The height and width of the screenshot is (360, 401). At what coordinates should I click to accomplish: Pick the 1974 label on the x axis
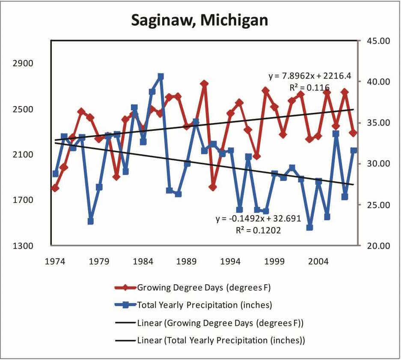(x=55, y=261)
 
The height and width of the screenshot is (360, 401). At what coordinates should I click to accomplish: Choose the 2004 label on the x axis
(x=319, y=261)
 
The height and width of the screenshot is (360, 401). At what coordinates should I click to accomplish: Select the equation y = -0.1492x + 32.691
(x=258, y=218)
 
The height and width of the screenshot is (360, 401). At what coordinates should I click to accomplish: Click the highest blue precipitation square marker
(x=161, y=77)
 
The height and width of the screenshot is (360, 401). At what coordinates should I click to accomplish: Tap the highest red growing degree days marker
(x=204, y=84)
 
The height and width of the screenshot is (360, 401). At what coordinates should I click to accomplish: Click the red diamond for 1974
(x=55, y=188)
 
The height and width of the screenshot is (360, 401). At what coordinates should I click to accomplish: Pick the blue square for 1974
(x=55, y=174)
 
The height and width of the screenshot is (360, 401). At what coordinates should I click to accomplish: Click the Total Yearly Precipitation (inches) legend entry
(x=204, y=305)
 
